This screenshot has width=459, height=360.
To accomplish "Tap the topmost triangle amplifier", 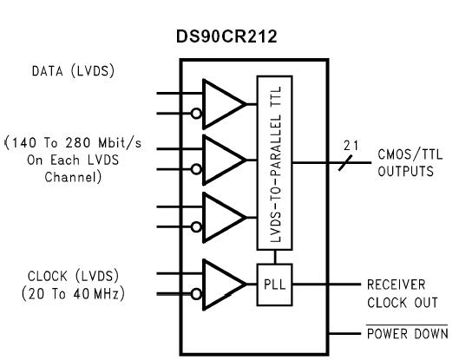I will point(222,101).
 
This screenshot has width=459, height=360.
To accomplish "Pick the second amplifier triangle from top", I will point(222,157).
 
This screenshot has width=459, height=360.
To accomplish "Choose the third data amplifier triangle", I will point(222,213).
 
